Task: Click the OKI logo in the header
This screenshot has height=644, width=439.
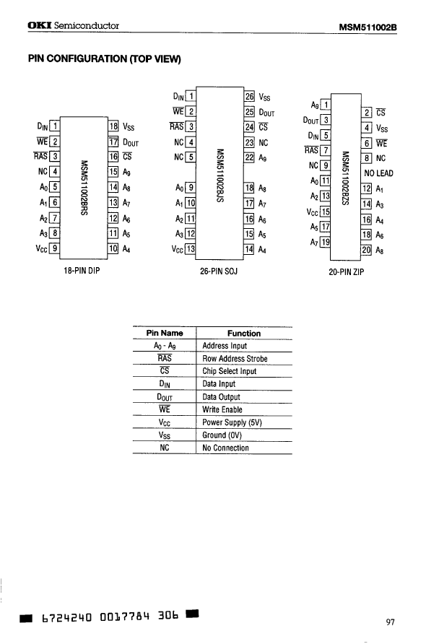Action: click(38, 27)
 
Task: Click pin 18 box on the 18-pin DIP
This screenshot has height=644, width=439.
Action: click(113, 126)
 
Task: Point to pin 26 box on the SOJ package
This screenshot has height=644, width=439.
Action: click(250, 96)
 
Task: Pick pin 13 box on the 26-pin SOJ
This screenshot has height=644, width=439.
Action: click(191, 250)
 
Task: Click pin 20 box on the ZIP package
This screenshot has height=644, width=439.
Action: click(366, 250)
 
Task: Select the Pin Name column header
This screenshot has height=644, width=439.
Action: click(165, 334)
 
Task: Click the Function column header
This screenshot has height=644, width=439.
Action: click(243, 334)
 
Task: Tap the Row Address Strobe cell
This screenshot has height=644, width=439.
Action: click(235, 359)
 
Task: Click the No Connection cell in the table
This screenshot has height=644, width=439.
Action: click(225, 448)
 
